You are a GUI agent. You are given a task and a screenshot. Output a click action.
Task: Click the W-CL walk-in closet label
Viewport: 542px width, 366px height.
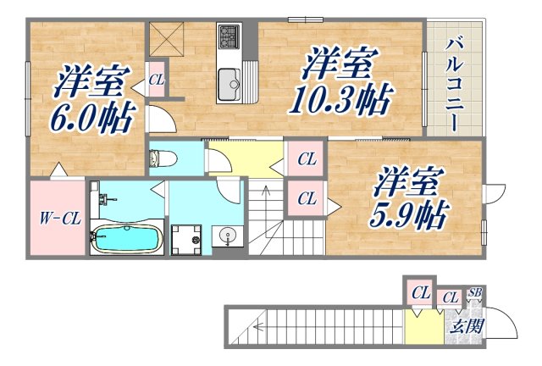pos(59,218)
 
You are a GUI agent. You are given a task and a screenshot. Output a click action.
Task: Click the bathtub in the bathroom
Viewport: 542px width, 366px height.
pos(125,238)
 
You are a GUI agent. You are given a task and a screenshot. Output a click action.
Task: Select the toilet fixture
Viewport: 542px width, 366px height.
pos(163,158)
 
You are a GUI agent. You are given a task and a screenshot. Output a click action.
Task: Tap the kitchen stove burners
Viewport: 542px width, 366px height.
pos(230,36)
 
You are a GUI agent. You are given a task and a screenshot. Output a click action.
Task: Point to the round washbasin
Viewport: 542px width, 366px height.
pos(225,236)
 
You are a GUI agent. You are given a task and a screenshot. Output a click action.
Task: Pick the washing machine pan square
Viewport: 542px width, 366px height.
pos(185,238)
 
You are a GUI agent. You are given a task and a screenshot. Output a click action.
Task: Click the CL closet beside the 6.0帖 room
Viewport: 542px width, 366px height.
pos(156,80)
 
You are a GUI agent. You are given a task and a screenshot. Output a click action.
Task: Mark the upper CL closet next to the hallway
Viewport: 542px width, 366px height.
pos(307,158)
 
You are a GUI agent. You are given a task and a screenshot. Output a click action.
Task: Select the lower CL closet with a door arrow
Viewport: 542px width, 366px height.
pos(307,198)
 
